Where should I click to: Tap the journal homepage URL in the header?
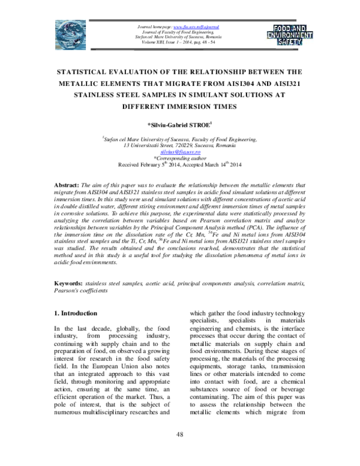click(x=196, y=27)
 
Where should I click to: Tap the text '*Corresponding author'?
click(x=180, y=159)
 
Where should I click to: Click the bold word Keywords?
click(x=68, y=283)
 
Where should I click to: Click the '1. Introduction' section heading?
click(x=76, y=313)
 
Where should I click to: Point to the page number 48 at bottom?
click(x=179, y=450)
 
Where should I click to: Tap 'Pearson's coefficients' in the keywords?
click(x=82, y=291)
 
